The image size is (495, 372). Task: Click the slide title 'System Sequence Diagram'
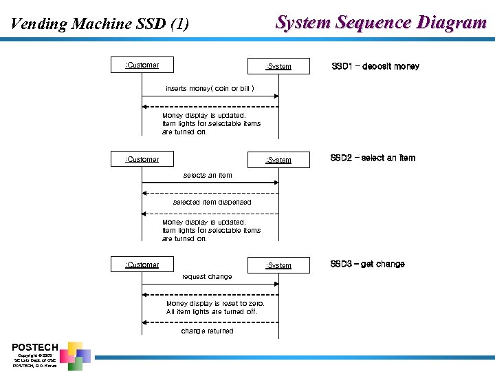click(x=381, y=23)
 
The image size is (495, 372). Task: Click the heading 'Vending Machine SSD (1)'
click(x=100, y=24)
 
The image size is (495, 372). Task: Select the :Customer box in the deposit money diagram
click(x=142, y=65)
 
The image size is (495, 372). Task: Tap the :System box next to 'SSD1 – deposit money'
click(x=278, y=66)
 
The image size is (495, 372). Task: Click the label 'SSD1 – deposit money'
click(x=375, y=66)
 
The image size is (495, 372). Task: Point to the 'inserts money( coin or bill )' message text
click(x=210, y=89)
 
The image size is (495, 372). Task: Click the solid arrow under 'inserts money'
click(x=210, y=96)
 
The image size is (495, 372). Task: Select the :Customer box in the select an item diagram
click(x=142, y=159)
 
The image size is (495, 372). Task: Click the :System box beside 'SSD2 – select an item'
click(x=278, y=160)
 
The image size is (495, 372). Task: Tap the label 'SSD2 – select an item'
click(x=373, y=158)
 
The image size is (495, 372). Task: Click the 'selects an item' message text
click(x=208, y=176)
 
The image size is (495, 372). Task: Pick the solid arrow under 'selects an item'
click(x=210, y=183)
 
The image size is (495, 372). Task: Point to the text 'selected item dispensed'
click(x=212, y=203)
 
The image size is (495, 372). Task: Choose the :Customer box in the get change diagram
click(x=142, y=265)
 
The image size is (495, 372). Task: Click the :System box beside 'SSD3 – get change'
click(x=278, y=265)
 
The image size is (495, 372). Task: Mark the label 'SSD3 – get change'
click(x=367, y=264)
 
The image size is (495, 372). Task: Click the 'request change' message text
click(x=207, y=277)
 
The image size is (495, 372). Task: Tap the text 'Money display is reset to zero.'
click(x=215, y=304)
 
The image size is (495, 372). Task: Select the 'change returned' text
click(x=207, y=331)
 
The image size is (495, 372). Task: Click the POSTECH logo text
click(x=35, y=347)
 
